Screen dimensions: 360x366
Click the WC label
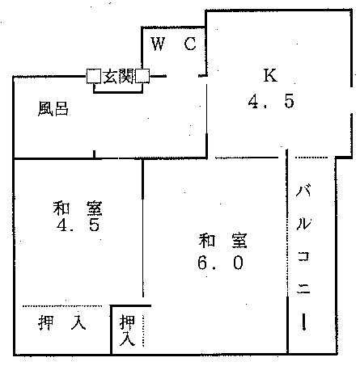(174, 44)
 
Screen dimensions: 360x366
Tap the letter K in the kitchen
(270, 75)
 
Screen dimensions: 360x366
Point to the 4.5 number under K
(271, 101)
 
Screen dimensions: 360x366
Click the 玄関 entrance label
(118, 76)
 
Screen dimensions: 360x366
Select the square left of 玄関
(94, 76)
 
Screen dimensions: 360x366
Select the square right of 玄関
(142, 76)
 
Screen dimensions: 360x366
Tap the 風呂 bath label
(53, 108)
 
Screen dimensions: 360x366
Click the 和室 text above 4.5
(78, 208)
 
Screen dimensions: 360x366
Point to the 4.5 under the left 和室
(78, 225)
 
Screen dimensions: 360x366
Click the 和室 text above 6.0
(222, 241)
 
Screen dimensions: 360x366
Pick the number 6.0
(220, 263)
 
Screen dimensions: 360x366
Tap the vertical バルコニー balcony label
(303, 257)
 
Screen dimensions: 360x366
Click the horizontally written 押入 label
(62, 322)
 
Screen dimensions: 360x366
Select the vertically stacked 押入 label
(127, 330)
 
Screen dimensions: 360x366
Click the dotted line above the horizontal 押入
(62, 306)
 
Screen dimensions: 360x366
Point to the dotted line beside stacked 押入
(143, 330)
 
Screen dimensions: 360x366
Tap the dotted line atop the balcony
(311, 158)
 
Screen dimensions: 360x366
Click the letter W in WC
(158, 44)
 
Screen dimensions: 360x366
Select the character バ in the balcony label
(303, 191)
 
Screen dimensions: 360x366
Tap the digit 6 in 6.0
(203, 263)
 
